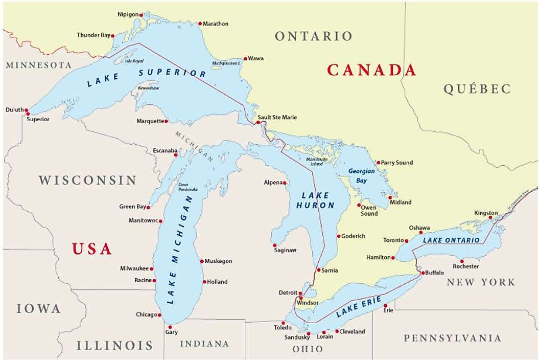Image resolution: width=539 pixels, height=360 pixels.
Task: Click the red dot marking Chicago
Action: coord(160,315)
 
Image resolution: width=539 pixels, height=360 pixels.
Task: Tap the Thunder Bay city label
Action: coord(93,35)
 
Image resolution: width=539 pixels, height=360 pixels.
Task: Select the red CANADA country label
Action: coord(371,70)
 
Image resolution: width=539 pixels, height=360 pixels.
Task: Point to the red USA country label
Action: coord(91,249)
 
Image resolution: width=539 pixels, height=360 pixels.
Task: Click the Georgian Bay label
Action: coord(361,176)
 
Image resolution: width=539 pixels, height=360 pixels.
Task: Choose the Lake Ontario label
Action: coord(451,240)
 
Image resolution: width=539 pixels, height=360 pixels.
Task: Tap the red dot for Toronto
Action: coord(407,241)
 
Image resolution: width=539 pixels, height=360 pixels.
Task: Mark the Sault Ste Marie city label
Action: coord(277,118)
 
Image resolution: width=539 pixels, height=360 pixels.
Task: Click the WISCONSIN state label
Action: coord(88,181)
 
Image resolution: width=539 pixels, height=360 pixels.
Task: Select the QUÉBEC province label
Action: coord(477,89)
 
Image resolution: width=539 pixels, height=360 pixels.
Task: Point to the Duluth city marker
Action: coord(27,114)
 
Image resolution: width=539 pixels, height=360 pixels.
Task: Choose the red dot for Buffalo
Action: coord(421,273)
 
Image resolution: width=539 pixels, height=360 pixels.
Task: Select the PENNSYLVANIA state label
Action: coord(452,338)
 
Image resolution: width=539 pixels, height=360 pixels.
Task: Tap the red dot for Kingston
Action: coord(490,218)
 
